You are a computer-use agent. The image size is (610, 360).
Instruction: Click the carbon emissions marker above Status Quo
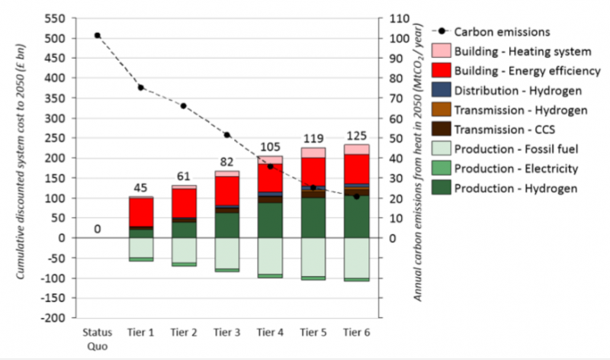click(x=98, y=35)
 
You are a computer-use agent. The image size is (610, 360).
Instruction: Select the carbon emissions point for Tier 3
click(x=227, y=134)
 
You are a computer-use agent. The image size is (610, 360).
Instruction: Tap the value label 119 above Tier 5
click(x=313, y=140)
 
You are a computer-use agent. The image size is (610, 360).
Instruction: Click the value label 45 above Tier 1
click(x=141, y=188)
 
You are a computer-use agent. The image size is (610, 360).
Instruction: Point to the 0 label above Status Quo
click(x=98, y=228)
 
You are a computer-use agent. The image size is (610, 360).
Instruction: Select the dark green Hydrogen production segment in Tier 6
click(x=357, y=217)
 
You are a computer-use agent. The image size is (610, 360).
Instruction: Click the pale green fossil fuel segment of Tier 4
click(x=271, y=255)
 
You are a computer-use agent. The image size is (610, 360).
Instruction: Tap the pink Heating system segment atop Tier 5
click(x=313, y=153)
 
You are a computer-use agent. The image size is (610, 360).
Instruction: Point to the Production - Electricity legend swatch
click(x=441, y=169)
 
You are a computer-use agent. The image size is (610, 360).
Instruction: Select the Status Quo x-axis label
click(x=98, y=338)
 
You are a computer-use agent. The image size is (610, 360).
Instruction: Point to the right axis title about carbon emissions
click(x=419, y=168)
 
